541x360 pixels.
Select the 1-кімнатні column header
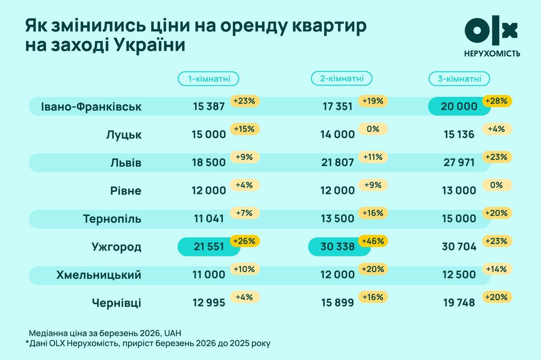pyautogui.click(x=208, y=79)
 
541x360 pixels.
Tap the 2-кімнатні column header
pyautogui.click(x=342, y=78)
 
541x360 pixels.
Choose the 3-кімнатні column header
pyautogui.click(x=459, y=79)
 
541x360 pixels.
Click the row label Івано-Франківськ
pyautogui.click(x=91, y=106)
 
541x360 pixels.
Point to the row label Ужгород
pyautogui.click(x=116, y=247)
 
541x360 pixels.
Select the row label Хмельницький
pyautogui.click(x=98, y=275)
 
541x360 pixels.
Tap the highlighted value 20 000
pyautogui.click(x=459, y=106)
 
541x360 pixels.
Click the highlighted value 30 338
pyautogui.click(x=337, y=247)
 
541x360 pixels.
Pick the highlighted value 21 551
pyautogui.click(x=208, y=247)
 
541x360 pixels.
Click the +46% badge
pyautogui.click(x=373, y=241)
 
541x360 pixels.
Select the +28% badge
pyautogui.click(x=497, y=101)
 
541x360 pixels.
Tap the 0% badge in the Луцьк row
pyautogui.click(x=373, y=129)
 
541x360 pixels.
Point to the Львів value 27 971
pyautogui.click(x=459, y=163)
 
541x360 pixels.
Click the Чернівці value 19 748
pyautogui.click(x=459, y=303)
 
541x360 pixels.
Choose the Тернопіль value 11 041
pyautogui.click(x=208, y=219)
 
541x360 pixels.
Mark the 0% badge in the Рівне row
pyautogui.click(x=497, y=185)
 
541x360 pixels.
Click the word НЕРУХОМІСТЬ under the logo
pyautogui.click(x=492, y=53)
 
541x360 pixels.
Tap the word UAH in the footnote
pyautogui.click(x=172, y=333)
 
